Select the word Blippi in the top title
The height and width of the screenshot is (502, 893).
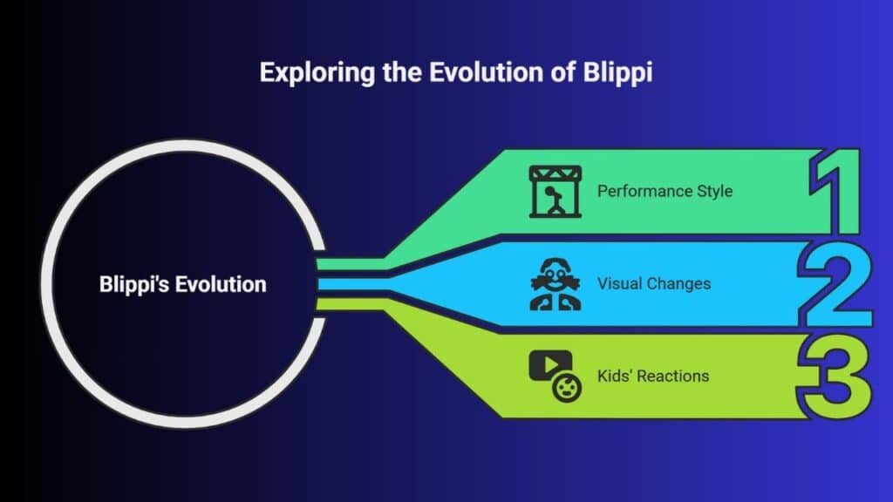point(618,73)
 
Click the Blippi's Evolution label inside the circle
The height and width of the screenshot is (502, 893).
point(183,284)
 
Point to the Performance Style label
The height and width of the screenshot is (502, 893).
point(665,191)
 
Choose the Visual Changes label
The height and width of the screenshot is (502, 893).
point(654,283)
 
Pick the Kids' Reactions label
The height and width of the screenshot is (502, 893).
point(653,376)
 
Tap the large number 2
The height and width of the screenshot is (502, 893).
point(835,284)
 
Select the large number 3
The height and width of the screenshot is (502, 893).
point(835,376)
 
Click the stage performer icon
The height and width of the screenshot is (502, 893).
point(556,191)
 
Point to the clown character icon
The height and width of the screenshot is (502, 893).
point(556,284)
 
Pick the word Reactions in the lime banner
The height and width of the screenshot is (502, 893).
point(673,376)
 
